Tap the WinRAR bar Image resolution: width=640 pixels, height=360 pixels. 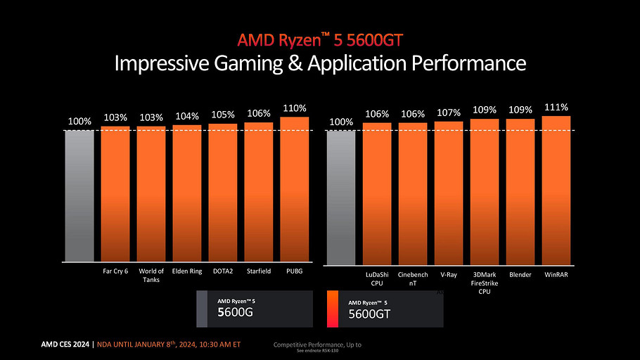[556, 190]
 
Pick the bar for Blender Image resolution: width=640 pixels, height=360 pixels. [520, 191]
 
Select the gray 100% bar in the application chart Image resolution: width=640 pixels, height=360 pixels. [341, 197]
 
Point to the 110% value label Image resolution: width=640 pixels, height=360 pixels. [295, 108]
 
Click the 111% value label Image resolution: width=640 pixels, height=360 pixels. [556, 107]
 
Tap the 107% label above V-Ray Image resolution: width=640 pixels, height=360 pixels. [448, 112]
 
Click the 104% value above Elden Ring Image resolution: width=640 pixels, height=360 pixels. [187, 116]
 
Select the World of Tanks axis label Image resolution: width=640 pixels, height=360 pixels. [151, 275]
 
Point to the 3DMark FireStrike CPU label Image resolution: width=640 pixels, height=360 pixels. [484, 282]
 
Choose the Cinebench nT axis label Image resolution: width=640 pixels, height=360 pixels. [412, 278]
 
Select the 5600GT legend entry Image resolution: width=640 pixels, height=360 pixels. [385, 310]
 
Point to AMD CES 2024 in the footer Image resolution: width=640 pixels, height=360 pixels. [65, 345]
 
